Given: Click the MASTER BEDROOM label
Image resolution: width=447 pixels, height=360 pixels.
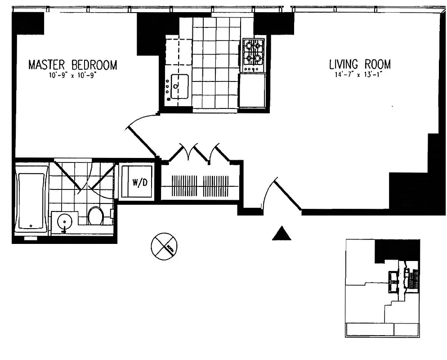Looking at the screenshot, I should (72, 65).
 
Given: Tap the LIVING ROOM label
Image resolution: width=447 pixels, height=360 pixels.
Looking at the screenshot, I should (359, 64).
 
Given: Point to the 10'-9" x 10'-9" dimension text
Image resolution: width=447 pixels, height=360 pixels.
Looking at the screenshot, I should (73, 76).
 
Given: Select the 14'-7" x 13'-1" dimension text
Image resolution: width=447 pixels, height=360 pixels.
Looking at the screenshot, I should (359, 75).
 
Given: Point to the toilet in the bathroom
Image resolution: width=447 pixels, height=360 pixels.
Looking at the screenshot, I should (95, 216).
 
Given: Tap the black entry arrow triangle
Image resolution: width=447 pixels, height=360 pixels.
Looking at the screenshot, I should (282, 233).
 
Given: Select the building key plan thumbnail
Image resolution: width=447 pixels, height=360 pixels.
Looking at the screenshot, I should (383, 288).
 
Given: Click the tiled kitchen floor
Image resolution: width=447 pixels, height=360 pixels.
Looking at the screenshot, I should (216, 63).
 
